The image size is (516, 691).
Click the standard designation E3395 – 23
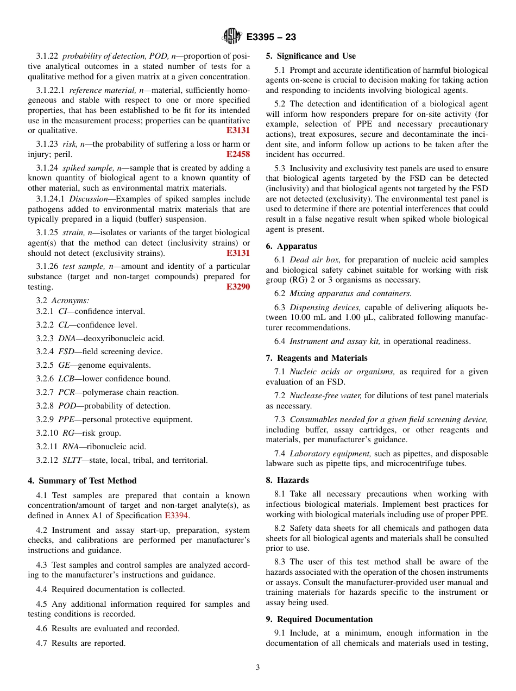pyautogui.click(x=270, y=37)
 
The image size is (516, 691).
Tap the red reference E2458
pyautogui.click(x=238, y=154)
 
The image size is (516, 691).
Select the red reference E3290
pyautogui.click(x=238, y=287)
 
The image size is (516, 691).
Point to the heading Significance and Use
pyautogui.click(x=316, y=56)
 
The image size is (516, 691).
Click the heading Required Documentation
pyautogui.click(x=324, y=619)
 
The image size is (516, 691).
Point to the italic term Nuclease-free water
pyautogui.click(x=325, y=395)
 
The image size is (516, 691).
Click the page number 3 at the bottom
pyautogui.click(x=258, y=668)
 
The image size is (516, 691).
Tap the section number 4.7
pyautogui.click(x=42, y=643)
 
